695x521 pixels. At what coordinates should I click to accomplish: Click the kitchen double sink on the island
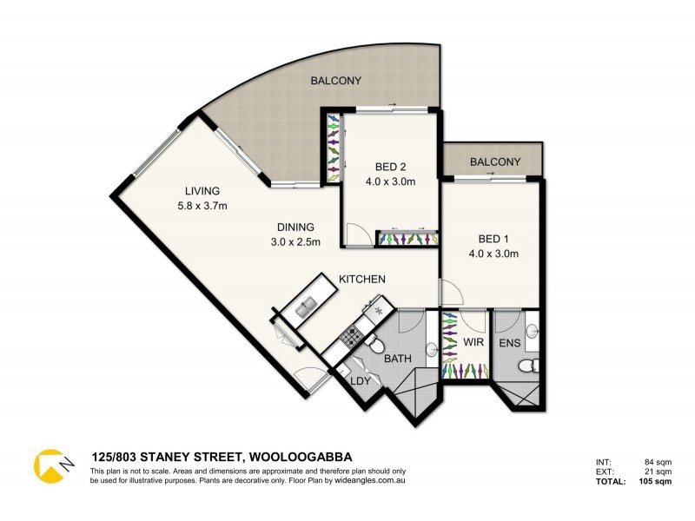(306, 307)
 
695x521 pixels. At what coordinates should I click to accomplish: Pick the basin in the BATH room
(431, 350)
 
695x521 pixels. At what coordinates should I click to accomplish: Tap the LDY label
(362, 379)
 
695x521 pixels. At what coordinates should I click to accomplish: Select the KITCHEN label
(361, 279)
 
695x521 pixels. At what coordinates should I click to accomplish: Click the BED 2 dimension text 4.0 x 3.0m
(390, 182)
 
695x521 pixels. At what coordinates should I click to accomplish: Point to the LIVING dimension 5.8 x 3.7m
(201, 206)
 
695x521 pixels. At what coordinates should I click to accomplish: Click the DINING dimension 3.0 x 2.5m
(295, 242)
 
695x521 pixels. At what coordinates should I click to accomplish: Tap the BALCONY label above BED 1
(495, 162)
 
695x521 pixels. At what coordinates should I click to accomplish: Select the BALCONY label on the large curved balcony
(335, 81)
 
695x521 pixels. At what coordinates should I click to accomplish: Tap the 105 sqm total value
(656, 480)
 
